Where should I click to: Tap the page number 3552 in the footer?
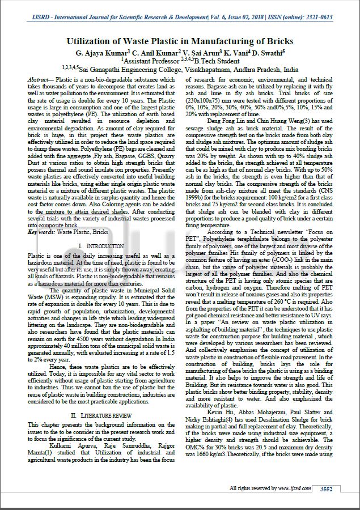point(326,488)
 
